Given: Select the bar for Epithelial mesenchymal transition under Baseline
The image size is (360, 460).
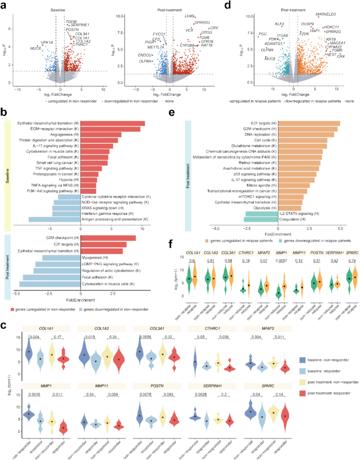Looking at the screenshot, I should click(x=113, y=123).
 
